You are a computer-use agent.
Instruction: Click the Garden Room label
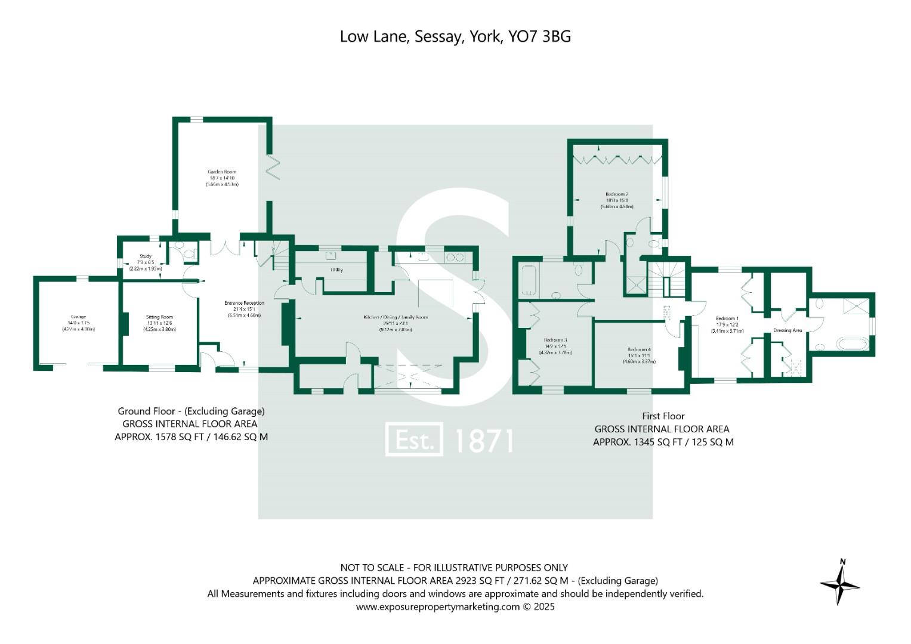point(222,172)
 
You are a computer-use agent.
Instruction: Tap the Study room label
point(146,256)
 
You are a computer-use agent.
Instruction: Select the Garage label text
point(78,317)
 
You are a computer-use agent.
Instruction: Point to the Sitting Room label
point(159,317)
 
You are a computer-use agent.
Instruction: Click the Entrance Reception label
point(244,303)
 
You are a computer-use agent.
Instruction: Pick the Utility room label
point(336,270)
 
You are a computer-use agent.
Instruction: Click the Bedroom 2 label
point(617,194)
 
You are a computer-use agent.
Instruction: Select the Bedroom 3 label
point(555,340)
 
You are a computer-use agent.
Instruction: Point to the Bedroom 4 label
point(639,349)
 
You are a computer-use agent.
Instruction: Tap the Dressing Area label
point(788,330)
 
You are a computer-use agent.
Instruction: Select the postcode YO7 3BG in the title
point(539,36)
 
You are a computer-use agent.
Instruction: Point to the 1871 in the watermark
point(484,441)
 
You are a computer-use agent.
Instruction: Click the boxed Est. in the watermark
point(414,440)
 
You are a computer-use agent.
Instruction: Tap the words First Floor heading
point(663,416)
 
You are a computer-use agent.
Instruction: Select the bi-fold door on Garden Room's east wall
point(273,167)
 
